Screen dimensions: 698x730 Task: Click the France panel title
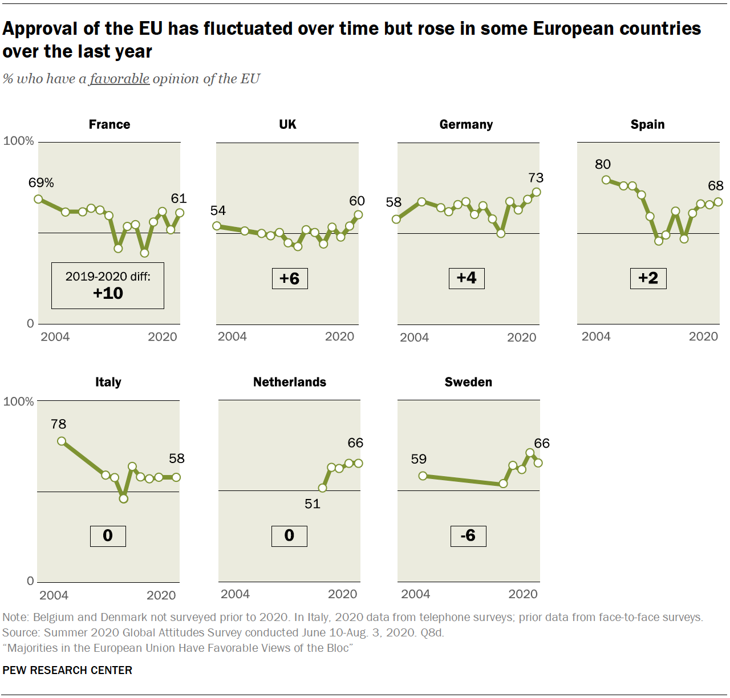point(109,124)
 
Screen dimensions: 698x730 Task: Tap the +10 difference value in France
point(108,293)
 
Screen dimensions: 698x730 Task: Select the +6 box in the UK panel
point(290,278)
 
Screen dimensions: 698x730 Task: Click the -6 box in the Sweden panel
point(468,535)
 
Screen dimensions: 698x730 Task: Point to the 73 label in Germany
point(536,178)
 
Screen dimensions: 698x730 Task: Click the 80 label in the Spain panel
point(602,164)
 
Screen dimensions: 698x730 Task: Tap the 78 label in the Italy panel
point(58,424)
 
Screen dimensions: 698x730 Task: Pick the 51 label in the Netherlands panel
point(313,504)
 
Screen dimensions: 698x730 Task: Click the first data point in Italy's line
point(62,441)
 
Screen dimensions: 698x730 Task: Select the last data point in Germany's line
point(536,192)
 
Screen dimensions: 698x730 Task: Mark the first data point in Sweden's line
point(423,476)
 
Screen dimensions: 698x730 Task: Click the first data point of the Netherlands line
point(323,488)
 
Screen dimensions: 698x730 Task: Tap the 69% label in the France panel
point(41,182)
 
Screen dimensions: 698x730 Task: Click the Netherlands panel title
point(290,382)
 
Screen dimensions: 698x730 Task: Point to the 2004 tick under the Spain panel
point(596,336)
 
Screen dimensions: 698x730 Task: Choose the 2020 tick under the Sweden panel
point(523,594)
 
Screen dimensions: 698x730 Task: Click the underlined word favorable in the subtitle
point(120,79)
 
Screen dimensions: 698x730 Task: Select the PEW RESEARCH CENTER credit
point(67,670)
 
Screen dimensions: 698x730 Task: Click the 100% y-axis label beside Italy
point(19,401)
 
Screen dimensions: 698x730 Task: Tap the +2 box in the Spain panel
point(648,278)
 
